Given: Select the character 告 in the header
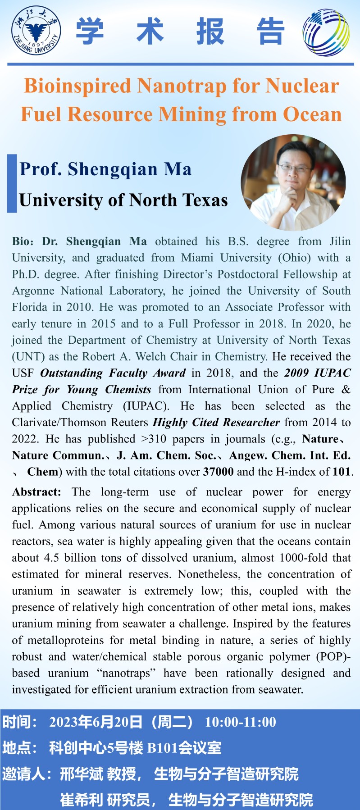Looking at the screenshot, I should click(x=270, y=32).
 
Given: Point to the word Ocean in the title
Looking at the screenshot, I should click(x=312, y=114).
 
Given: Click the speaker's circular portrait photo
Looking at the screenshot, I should click(x=293, y=182).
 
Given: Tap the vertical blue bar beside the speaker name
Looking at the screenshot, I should click(x=12, y=183).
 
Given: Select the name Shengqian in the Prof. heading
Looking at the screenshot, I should click(x=113, y=169).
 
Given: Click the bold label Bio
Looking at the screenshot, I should click(x=20, y=241).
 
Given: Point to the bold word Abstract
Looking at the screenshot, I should click(x=36, y=492).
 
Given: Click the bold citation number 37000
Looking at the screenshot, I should click(x=218, y=472).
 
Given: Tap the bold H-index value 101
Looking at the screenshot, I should click(x=342, y=472).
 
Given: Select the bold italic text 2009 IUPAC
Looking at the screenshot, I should click(x=317, y=373).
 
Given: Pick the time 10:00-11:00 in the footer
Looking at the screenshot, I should click(x=240, y=722).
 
